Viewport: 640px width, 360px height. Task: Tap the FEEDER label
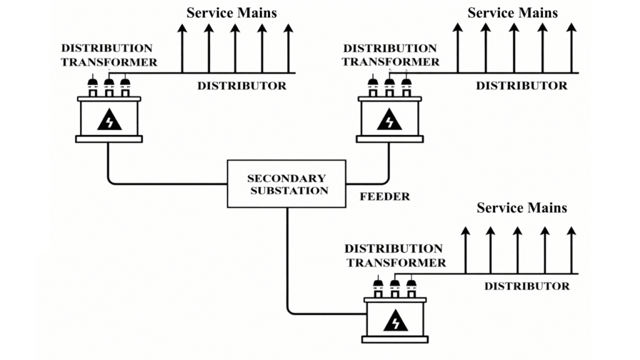point(385,196)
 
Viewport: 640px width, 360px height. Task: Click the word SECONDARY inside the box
point(287,178)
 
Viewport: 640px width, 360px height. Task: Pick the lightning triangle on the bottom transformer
point(395,321)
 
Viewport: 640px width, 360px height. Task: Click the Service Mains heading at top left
point(232,12)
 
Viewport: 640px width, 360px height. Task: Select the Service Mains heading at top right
point(512,12)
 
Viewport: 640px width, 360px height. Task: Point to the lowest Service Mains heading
point(522,207)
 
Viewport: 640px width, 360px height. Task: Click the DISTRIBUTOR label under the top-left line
point(242,86)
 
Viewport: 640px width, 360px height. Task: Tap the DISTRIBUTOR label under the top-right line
point(522,86)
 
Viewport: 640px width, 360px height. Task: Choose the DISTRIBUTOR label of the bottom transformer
point(527,287)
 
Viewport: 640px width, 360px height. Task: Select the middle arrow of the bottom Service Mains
point(517,250)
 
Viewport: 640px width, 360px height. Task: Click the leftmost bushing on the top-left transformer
point(92,85)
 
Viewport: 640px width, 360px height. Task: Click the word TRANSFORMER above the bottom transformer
point(396,263)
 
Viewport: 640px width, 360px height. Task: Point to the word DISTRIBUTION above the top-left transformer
point(106,48)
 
